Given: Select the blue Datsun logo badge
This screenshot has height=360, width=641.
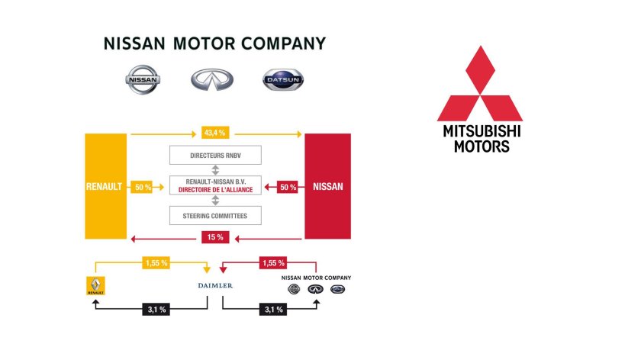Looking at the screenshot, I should pyautogui.click(x=282, y=79).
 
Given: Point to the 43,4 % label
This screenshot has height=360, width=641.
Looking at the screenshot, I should pyautogui.click(x=214, y=134).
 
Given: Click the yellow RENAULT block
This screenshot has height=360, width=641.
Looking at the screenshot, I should pyautogui.click(x=105, y=186).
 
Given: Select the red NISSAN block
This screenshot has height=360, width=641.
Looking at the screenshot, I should pyautogui.click(x=327, y=186).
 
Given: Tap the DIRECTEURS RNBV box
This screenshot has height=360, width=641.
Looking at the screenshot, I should pyautogui.click(x=214, y=155).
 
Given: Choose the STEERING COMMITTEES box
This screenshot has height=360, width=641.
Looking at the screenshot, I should pyautogui.click(x=214, y=215).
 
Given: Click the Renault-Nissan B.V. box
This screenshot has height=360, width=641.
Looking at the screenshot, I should pyautogui.click(x=214, y=185).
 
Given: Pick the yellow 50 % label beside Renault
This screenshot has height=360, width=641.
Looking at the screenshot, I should pyautogui.click(x=142, y=186).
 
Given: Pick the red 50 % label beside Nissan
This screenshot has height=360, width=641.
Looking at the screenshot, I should pyautogui.click(x=288, y=186).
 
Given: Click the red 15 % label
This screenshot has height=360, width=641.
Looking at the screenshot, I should pyautogui.click(x=214, y=237).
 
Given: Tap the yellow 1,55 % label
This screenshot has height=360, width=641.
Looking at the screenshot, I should pyautogui.click(x=156, y=262).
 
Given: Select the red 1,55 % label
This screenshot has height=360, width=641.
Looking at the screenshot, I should pyautogui.click(x=272, y=262).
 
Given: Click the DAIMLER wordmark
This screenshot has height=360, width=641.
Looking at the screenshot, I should pyautogui.click(x=214, y=285).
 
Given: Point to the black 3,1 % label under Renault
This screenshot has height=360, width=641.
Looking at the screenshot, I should pyautogui.click(x=155, y=309).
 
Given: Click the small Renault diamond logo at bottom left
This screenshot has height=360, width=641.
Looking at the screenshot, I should pyautogui.click(x=95, y=286).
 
